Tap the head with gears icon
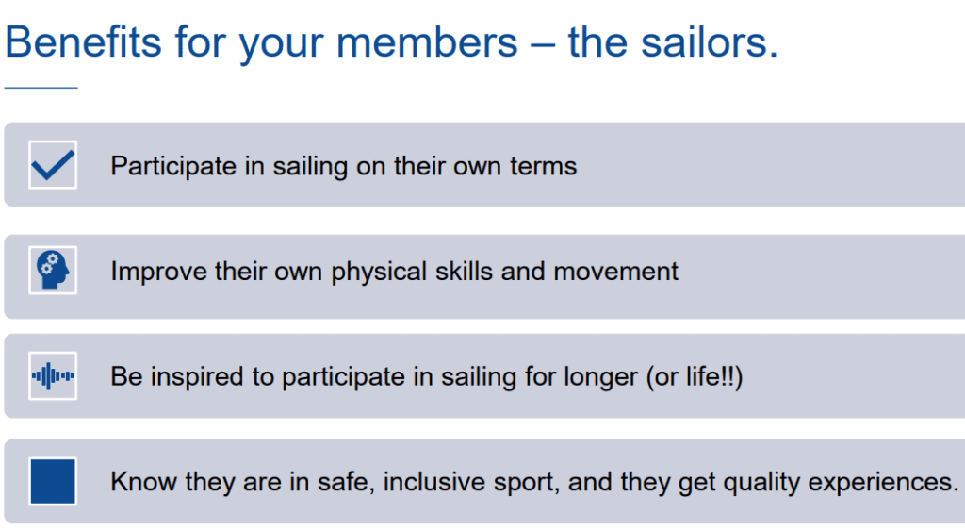pos(53,271)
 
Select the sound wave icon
pos(53,375)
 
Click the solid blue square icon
pos(53,481)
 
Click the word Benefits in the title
pos(84,42)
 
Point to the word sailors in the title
pos(710,42)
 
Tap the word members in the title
pos(427,42)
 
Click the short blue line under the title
pos(41,88)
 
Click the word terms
pos(543,166)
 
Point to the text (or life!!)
pos(695,376)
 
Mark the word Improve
pos(158,273)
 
